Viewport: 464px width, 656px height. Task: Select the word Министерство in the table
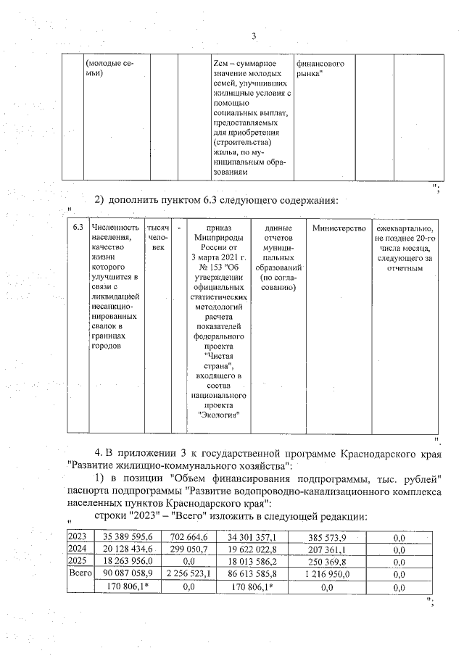[x=338, y=228]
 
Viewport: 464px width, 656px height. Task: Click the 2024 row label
[x=76, y=549]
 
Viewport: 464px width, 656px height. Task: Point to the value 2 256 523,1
[x=188, y=573]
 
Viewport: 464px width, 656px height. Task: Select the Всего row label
[x=78, y=573]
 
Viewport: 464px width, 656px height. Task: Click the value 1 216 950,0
[x=326, y=573]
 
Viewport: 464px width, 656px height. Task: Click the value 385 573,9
[x=327, y=536]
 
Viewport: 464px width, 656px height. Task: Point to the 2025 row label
[x=76, y=561]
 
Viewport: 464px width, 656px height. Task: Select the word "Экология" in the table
[x=219, y=416]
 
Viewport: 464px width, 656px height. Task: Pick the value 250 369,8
[x=327, y=561]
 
